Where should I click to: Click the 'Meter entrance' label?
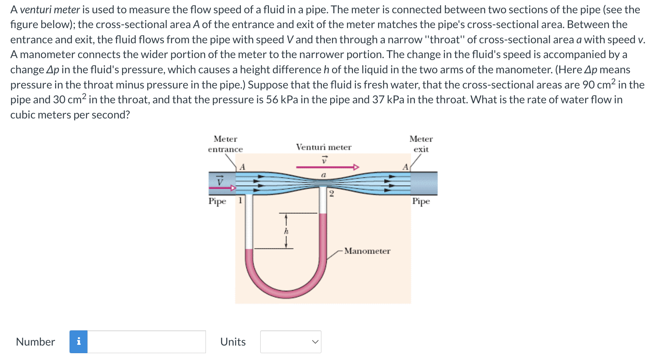tap(225, 144)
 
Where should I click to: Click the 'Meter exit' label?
tap(421, 144)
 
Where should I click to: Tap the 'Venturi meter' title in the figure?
tap(324, 147)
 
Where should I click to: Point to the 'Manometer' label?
tap(367, 251)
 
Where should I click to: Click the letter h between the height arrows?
tap(286, 231)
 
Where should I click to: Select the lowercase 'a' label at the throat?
tap(324, 175)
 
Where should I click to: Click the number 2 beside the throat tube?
tap(332, 194)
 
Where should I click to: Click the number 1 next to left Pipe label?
tap(240, 200)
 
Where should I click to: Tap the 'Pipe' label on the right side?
tap(421, 201)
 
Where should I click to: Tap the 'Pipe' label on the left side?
tap(217, 201)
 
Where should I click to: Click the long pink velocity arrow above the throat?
tap(327, 167)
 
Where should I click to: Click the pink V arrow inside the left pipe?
tap(224, 188)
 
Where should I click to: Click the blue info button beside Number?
tap(79, 342)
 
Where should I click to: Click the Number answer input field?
tap(147, 342)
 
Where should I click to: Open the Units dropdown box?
tap(291, 342)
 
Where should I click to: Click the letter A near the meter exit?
tap(405, 167)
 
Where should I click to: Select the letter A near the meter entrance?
tap(242, 167)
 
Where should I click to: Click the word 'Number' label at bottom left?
tap(35, 342)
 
